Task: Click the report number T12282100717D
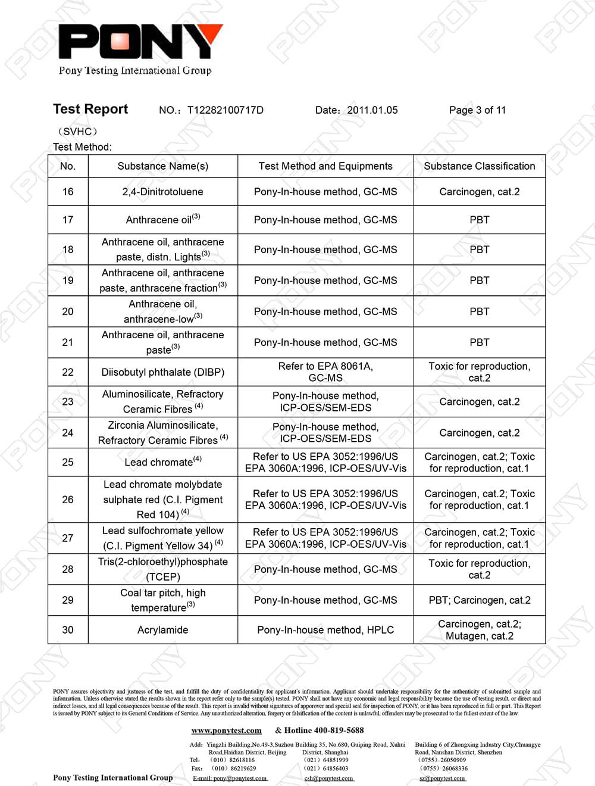point(225,110)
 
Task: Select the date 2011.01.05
point(372,110)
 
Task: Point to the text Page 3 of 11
point(477,110)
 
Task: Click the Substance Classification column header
point(479,166)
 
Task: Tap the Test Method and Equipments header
point(325,166)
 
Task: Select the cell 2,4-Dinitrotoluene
point(162,192)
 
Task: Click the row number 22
point(68,372)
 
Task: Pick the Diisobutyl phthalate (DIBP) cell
point(162,372)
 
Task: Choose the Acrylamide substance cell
point(162,630)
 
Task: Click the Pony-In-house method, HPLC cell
point(325,630)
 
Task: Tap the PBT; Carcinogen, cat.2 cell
point(479,600)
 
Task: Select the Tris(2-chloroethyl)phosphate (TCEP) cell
point(162,569)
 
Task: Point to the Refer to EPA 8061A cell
point(325,372)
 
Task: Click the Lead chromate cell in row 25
point(162,462)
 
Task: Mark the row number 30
point(68,630)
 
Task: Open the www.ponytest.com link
point(226,731)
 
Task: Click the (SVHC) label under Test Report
point(77,132)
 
